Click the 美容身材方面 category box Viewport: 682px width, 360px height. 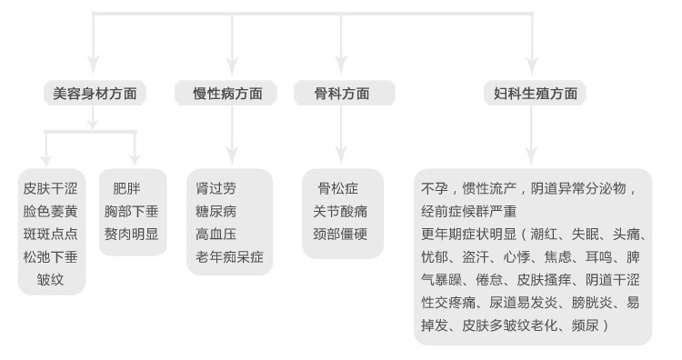(x=95, y=94)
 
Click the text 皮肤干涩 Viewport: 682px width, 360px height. (x=50, y=189)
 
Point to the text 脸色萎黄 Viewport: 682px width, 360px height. (x=50, y=212)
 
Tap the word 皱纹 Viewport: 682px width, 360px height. (x=50, y=279)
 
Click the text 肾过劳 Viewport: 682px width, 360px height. (x=216, y=189)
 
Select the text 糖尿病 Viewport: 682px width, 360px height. (x=216, y=212)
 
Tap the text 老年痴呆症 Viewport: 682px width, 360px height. (x=229, y=257)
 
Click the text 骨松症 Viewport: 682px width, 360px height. (x=337, y=189)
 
